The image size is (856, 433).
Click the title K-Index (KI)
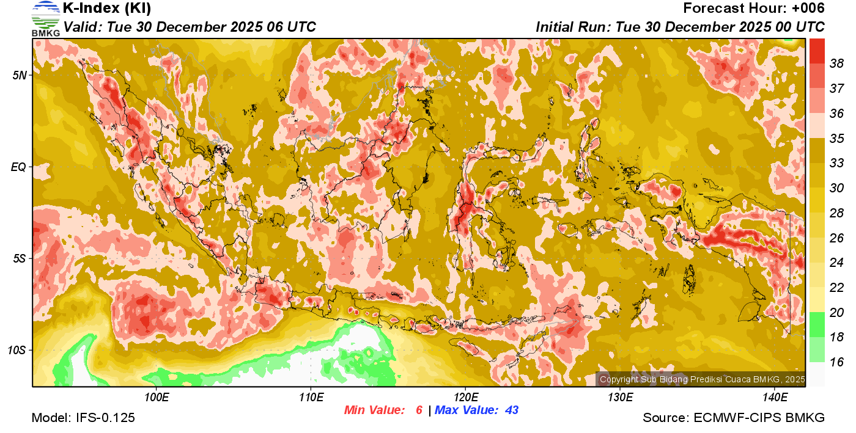tap(107, 9)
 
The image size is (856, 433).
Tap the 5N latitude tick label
tap(20, 75)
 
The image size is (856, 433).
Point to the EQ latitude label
tap(18, 167)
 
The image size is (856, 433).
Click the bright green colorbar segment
tap(817, 324)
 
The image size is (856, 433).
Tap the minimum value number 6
tap(419, 410)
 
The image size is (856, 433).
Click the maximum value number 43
tap(511, 410)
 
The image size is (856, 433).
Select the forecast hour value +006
tap(806, 9)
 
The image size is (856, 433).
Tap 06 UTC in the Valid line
tap(292, 27)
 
